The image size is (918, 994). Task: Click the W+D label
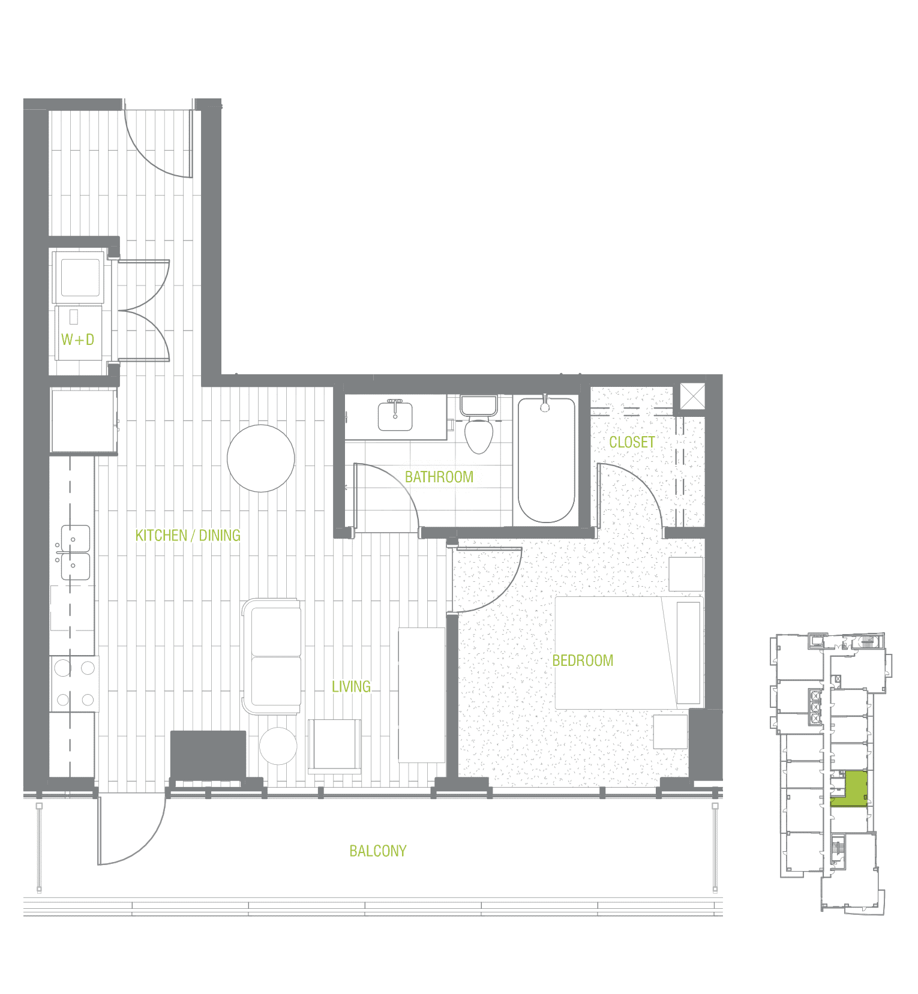(x=77, y=340)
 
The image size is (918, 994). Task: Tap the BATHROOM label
(x=439, y=477)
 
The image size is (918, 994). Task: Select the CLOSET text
(x=632, y=442)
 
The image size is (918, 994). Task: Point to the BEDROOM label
(x=583, y=660)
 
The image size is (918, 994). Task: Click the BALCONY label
(x=378, y=851)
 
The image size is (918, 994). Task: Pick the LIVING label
(x=351, y=686)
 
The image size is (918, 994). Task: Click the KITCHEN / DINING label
(x=188, y=535)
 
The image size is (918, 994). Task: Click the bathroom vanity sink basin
(x=395, y=416)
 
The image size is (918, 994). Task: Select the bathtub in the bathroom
(x=547, y=460)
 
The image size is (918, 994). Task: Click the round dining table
(x=261, y=458)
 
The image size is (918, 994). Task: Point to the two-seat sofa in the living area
(x=272, y=656)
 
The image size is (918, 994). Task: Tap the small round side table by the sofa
(x=278, y=746)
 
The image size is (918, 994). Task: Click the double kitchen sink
(x=76, y=552)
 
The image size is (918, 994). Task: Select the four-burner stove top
(x=74, y=683)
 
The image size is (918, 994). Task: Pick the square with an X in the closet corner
(x=692, y=397)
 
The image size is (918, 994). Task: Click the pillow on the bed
(x=688, y=653)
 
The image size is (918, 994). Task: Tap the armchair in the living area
(x=335, y=746)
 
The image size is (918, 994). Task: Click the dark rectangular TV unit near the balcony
(x=208, y=754)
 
